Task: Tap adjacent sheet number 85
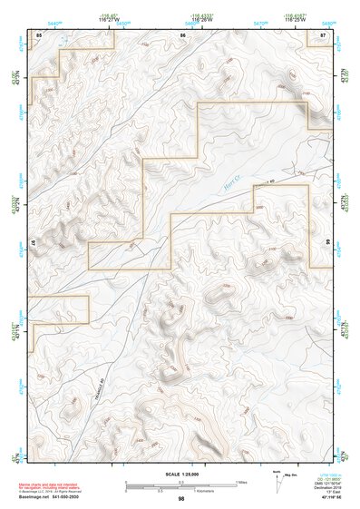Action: pyautogui.click(x=39, y=34)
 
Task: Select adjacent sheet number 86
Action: pyautogui.click(x=183, y=34)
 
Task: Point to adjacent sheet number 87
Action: pyautogui.click(x=324, y=34)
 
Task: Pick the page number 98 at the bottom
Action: pyautogui.click(x=181, y=499)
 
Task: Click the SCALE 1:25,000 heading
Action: pyautogui.click(x=180, y=475)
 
